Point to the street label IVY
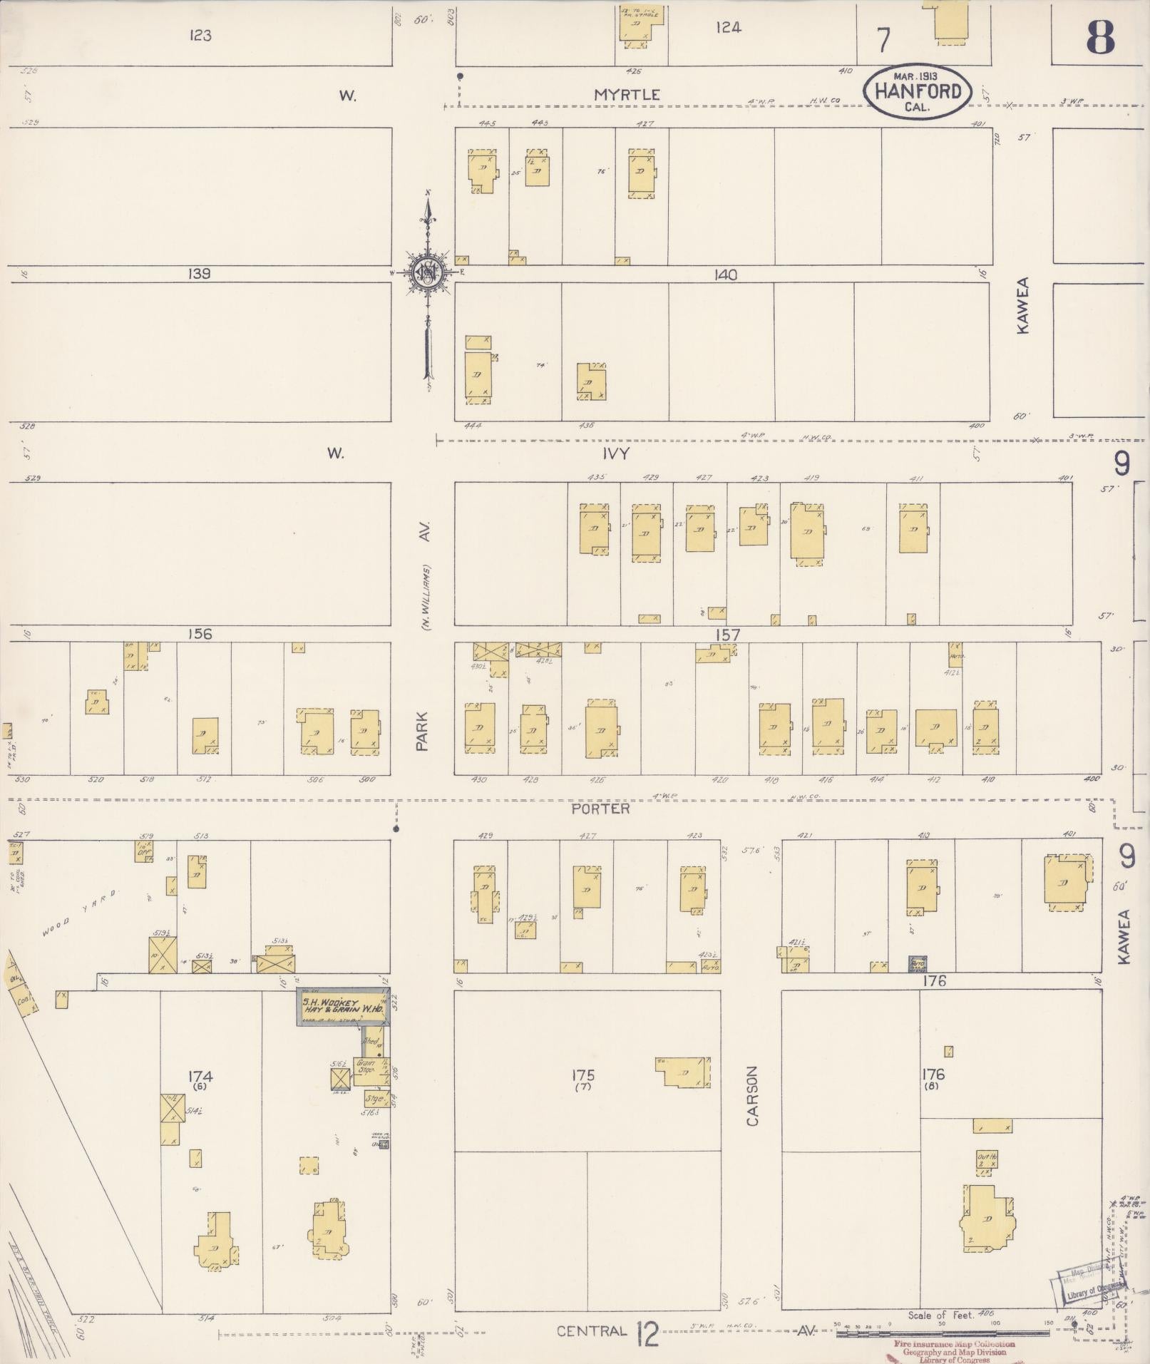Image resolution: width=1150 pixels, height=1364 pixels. [616, 453]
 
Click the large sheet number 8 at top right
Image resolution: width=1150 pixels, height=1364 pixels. [1099, 37]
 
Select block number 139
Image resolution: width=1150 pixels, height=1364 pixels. [200, 274]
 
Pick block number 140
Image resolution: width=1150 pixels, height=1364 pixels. [726, 275]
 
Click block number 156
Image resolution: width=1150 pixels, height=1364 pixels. [200, 633]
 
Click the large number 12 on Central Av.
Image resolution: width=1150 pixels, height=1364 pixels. [647, 1333]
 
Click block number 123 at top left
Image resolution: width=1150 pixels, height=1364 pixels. [200, 35]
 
